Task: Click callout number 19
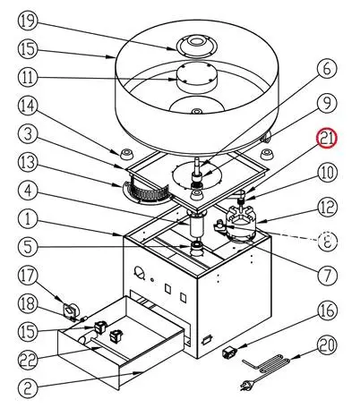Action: click(28, 21)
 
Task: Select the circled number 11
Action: click(28, 77)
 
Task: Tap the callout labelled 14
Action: click(28, 106)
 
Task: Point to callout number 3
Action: click(28, 134)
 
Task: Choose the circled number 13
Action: click(28, 163)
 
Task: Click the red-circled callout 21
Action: click(327, 138)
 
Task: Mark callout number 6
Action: click(327, 68)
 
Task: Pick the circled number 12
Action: click(327, 207)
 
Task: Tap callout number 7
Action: click(327, 275)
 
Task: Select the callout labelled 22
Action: click(28, 360)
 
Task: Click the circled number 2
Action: click(28, 388)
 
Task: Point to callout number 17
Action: click(28, 276)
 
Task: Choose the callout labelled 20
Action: click(327, 345)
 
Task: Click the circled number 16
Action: click(327, 310)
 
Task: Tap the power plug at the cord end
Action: click(246, 386)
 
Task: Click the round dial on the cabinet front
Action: click(139, 272)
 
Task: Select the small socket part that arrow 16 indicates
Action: click(230, 352)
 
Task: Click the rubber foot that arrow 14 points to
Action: click(126, 154)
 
